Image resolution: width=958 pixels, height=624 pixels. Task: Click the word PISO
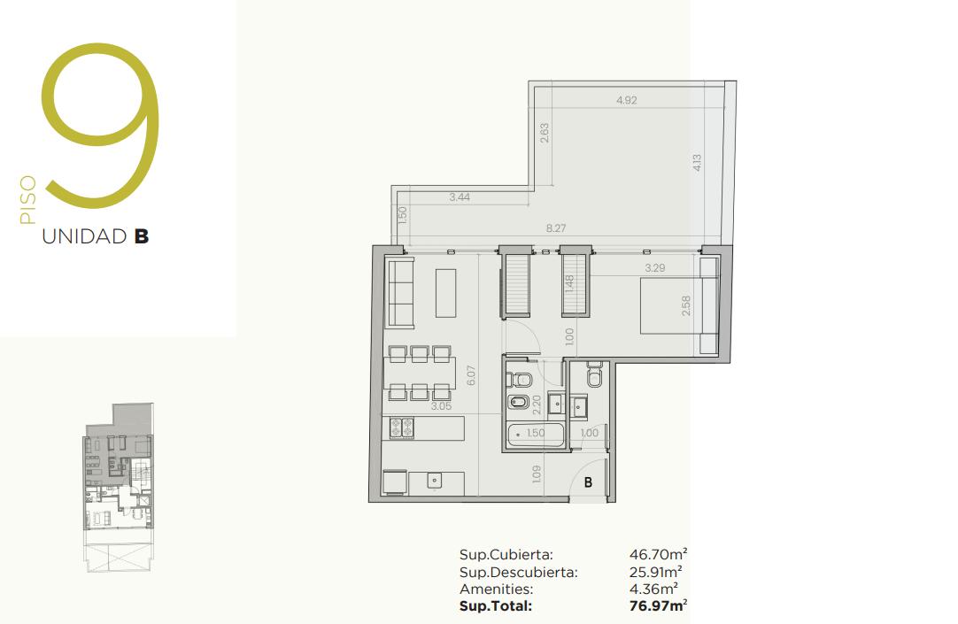28,200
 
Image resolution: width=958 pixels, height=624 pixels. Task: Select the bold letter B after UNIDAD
142,236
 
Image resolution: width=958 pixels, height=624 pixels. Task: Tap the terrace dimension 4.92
627,100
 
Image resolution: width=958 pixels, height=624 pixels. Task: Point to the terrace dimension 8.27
556,228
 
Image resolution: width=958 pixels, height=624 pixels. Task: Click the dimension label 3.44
460,197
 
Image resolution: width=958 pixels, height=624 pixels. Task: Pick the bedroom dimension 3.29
655,268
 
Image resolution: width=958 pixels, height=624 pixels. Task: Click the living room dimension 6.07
470,375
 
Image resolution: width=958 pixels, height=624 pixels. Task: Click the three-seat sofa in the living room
400,292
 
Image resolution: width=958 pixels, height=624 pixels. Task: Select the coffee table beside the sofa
445,293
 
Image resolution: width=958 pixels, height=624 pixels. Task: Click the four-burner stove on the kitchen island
402,428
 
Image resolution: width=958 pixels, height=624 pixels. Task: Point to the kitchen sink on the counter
435,481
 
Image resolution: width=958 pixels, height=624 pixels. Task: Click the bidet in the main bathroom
519,403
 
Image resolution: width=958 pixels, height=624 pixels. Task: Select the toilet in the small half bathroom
594,376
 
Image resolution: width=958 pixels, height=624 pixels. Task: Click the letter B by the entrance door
588,482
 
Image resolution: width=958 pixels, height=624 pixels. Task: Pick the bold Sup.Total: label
496,606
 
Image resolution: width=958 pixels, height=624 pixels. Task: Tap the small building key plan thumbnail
119,487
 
